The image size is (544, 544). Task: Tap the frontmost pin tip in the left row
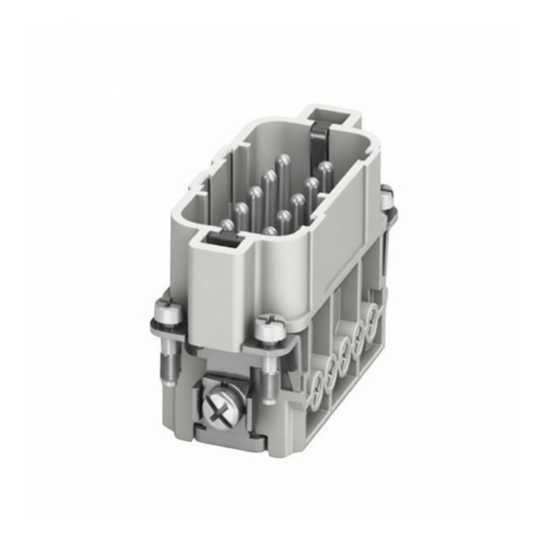coord(227,224)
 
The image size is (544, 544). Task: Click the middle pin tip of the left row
coord(256,192)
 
